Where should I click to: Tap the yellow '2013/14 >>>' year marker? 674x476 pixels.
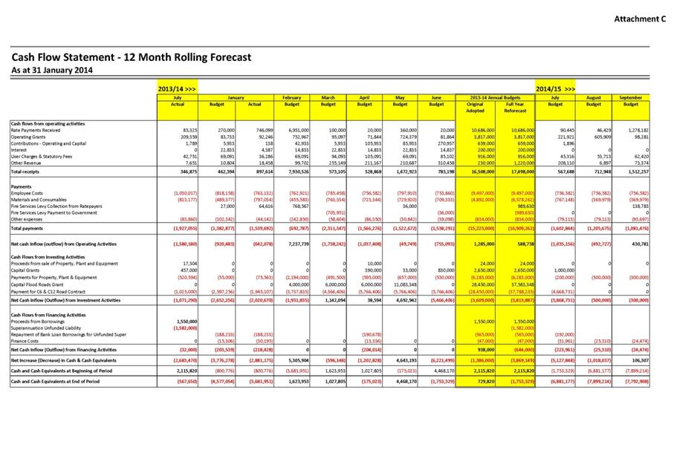[176, 89]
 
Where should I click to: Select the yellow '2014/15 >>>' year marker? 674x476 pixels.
[556, 89]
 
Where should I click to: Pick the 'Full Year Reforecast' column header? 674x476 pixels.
[514, 107]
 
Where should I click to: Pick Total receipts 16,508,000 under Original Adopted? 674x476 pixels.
[473, 172]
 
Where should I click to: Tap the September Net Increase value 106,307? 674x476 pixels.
[636, 359]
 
